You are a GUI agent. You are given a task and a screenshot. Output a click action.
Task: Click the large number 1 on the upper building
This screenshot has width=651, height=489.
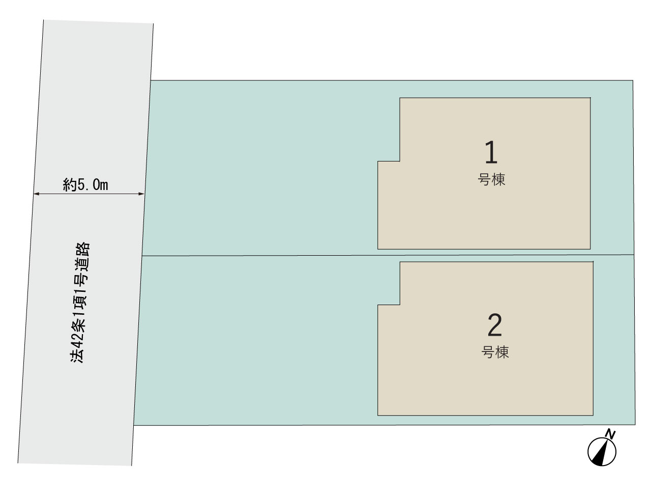(x=491, y=152)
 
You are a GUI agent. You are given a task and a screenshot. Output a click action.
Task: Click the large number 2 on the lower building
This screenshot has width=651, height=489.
(x=495, y=325)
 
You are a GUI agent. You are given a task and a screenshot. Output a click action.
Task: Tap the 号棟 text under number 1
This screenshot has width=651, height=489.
(x=491, y=179)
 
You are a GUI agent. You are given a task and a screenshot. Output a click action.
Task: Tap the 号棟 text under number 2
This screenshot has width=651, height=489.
(x=495, y=352)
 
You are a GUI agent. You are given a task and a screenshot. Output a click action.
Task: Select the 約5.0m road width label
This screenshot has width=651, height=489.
(x=85, y=185)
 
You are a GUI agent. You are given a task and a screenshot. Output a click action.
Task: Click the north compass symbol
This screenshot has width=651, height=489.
(x=602, y=452)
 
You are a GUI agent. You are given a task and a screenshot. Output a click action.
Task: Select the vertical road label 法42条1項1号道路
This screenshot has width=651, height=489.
(x=80, y=302)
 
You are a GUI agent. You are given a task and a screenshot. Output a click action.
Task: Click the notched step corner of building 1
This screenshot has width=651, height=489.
(x=400, y=161)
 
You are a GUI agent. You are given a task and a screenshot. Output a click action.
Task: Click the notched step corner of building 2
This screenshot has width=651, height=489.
(x=400, y=305)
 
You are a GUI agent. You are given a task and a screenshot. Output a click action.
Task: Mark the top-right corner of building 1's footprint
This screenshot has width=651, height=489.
(x=590, y=98)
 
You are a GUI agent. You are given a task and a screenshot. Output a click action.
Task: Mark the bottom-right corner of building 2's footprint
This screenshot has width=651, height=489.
(x=593, y=415)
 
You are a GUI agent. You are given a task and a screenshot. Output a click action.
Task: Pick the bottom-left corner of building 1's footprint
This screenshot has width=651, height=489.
(x=377, y=249)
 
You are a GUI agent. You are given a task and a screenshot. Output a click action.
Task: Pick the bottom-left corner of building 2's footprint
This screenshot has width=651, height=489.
(x=377, y=415)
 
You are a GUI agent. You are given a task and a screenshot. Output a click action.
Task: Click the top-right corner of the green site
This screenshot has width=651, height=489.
(x=633, y=80)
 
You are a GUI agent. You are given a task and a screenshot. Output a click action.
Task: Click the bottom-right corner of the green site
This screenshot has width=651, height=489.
(x=635, y=425)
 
